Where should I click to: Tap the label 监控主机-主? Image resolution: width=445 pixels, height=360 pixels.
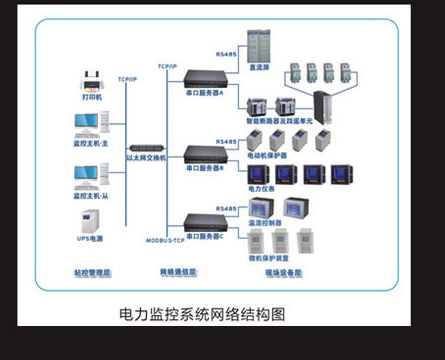(x=91, y=143)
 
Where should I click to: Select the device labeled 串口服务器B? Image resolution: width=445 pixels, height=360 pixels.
(x=205, y=153)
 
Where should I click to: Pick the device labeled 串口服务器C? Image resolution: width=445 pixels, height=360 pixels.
(x=205, y=222)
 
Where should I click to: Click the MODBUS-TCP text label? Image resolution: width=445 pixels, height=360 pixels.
(x=166, y=240)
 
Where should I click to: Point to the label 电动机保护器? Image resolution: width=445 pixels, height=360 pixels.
(x=267, y=155)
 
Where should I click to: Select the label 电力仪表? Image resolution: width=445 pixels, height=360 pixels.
(x=261, y=189)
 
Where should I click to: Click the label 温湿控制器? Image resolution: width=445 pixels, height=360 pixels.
(x=265, y=223)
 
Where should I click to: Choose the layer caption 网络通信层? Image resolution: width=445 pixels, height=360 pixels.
(x=177, y=273)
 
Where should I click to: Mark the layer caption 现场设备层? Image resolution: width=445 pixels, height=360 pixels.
(x=284, y=273)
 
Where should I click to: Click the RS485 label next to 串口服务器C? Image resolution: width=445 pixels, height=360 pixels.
(x=226, y=209)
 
